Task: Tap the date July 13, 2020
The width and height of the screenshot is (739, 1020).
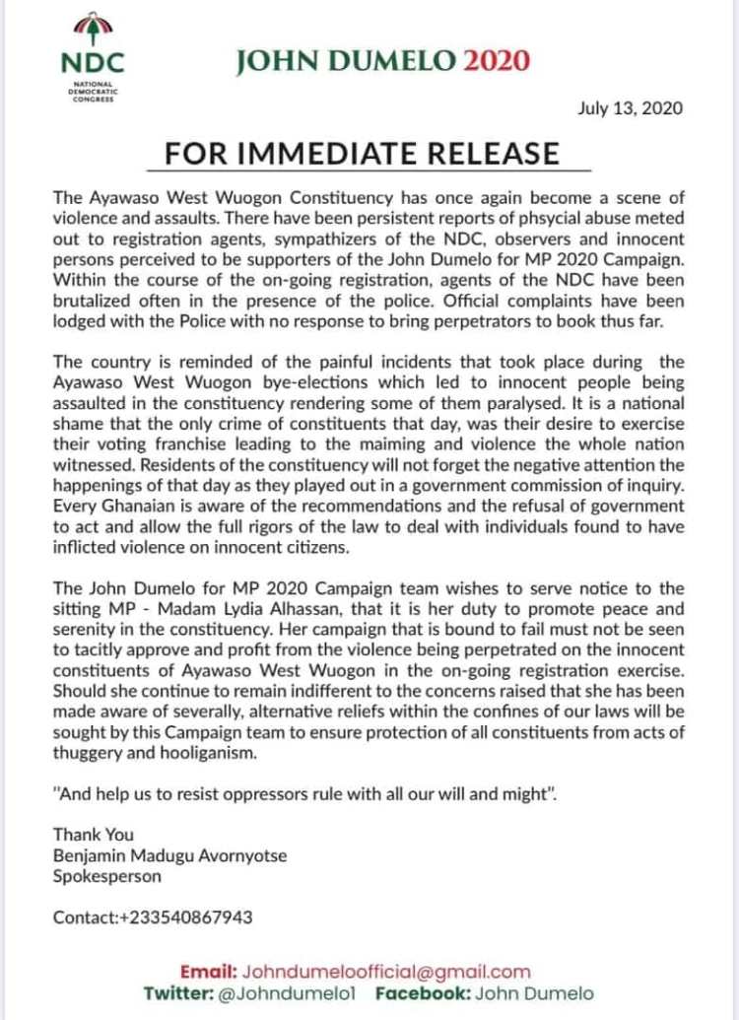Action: (629, 108)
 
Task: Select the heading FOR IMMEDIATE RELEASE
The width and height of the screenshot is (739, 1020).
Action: (362, 154)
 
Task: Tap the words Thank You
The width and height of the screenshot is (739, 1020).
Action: (94, 835)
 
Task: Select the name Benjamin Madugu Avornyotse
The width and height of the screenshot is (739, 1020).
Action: (170, 855)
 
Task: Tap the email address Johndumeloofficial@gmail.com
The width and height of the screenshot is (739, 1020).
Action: (386, 971)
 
